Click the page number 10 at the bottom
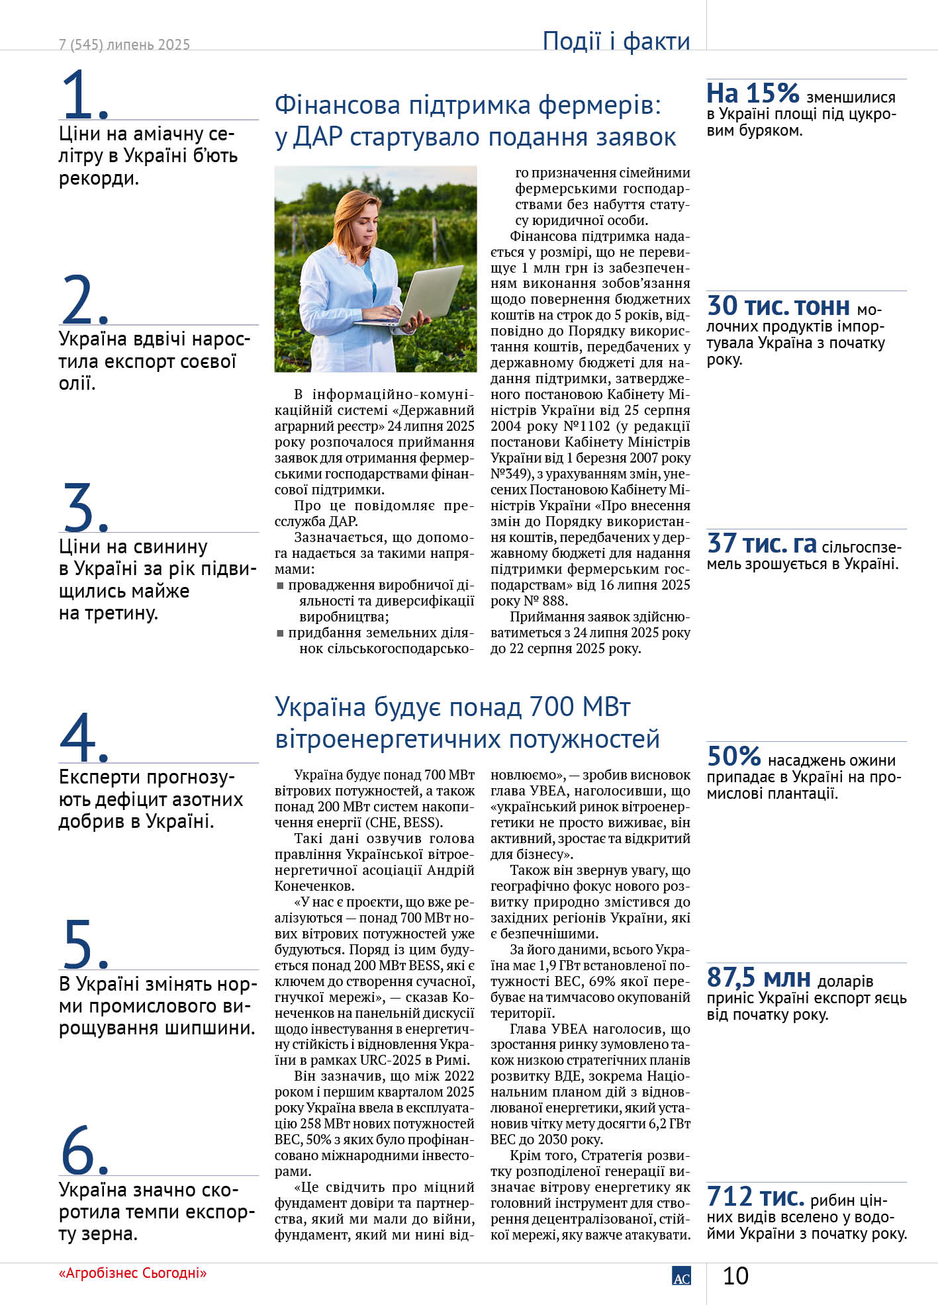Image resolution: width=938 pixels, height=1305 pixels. pos(735,1276)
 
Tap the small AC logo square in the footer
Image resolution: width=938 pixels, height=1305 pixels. pos(681,1276)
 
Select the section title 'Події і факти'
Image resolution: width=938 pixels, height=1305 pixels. pos(616,41)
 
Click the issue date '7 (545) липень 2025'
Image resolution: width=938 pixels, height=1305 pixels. pos(124,45)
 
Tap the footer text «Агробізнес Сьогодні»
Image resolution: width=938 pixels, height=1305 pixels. pos(132,1273)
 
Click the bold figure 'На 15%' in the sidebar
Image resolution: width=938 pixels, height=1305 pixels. pos(753,93)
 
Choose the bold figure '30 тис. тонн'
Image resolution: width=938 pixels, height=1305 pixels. pos(778,306)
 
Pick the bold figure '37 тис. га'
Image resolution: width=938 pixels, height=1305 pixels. pos(761,544)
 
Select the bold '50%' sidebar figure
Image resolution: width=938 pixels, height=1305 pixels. pos(733,756)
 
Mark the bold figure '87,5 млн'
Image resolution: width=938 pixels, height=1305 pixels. pos(759,977)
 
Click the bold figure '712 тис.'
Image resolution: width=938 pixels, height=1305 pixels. pos(755,1196)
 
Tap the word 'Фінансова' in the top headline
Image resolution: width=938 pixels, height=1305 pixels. pos(338,105)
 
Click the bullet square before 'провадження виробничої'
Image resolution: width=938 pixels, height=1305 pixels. pos(280,586)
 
